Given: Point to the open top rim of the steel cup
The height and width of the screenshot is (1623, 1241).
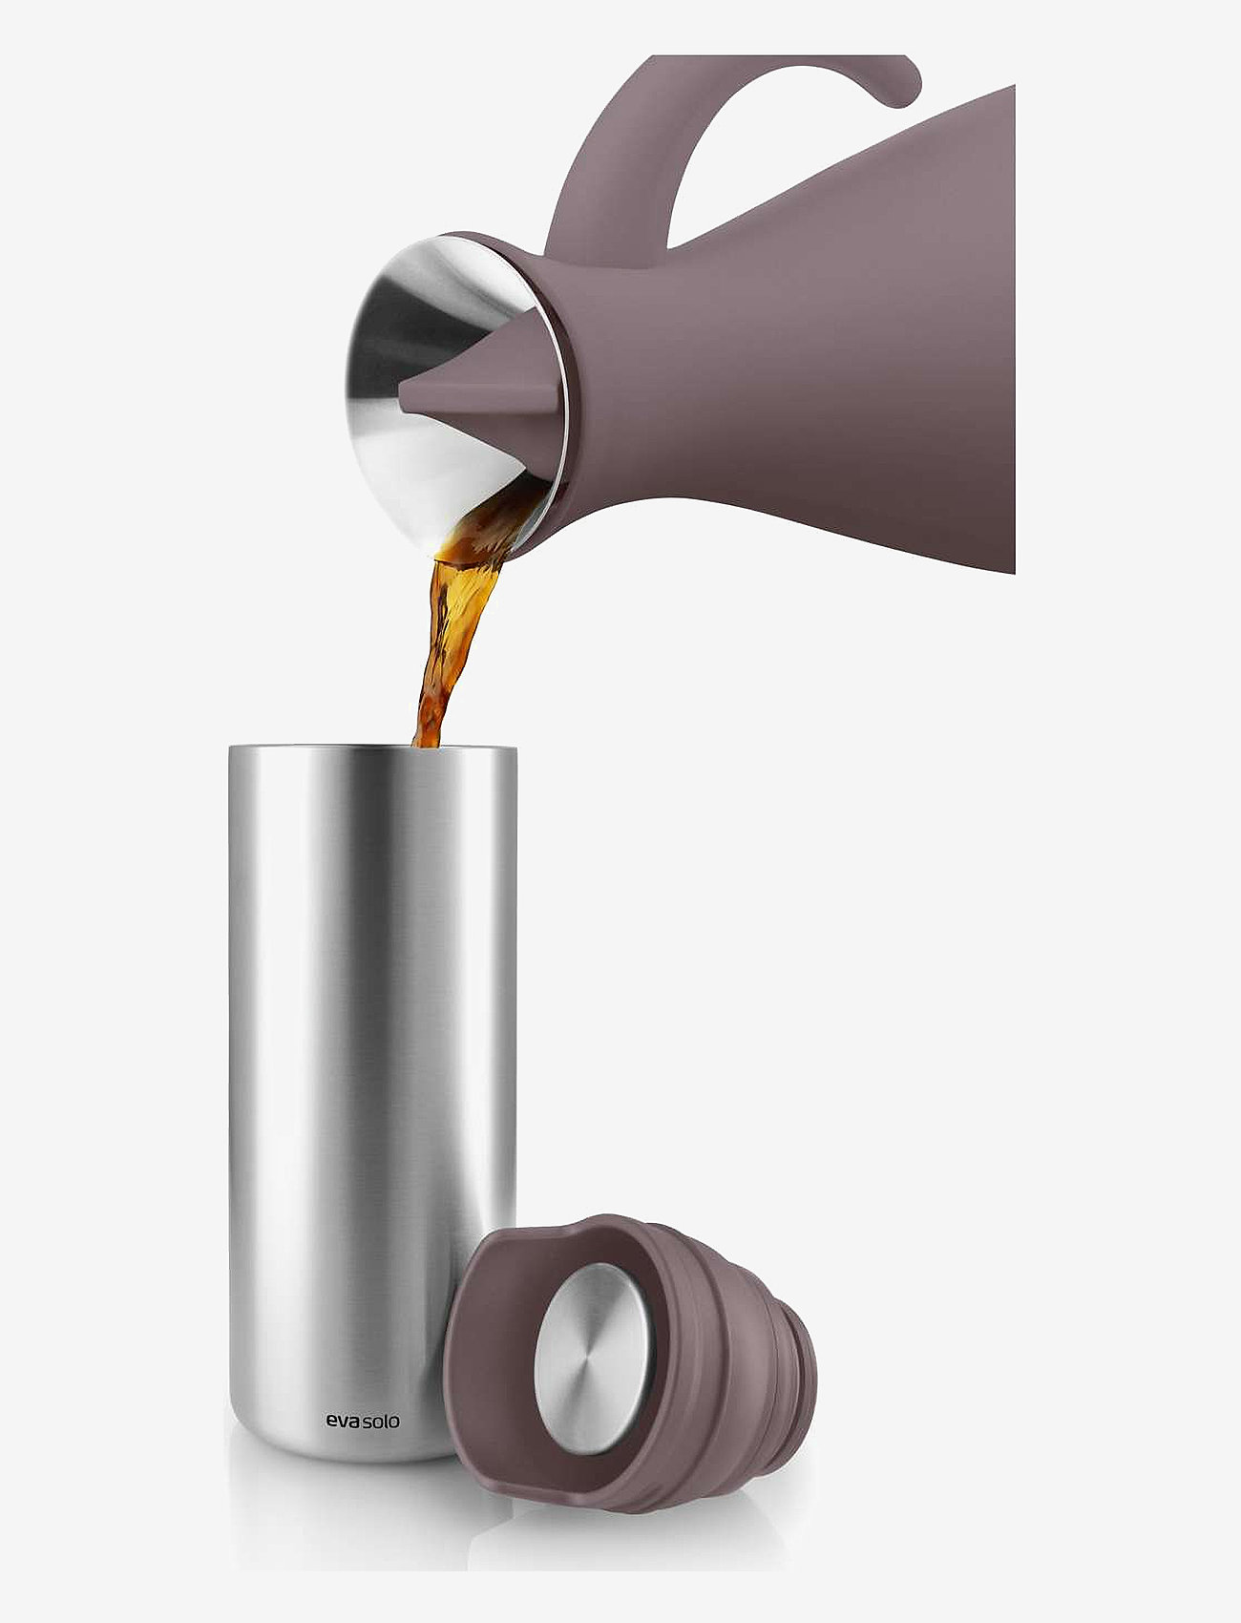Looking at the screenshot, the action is point(372,748).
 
